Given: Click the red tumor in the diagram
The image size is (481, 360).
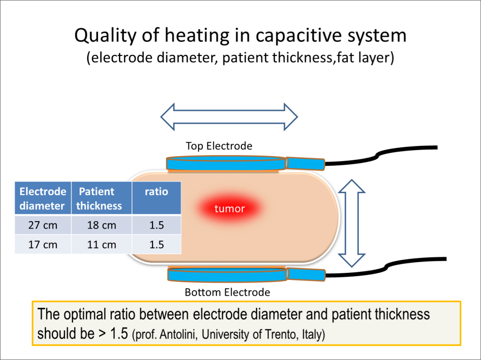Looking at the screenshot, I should (x=229, y=208).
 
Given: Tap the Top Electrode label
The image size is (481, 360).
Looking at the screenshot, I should (x=219, y=146).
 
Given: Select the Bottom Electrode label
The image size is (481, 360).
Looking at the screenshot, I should (x=227, y=292).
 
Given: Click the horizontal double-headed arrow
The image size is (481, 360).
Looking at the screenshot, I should (x=229, y=116).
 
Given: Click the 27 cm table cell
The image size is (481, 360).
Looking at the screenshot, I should (x=43, y=225).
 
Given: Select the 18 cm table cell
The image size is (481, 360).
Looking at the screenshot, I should (x=102, y=225).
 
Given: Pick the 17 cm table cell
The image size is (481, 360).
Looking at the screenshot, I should (x=43, y=245).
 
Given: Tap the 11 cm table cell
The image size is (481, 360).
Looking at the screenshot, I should (x=102, y=245).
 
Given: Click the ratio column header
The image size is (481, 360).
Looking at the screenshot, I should (x=157, y=191).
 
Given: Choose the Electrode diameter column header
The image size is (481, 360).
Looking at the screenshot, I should (x=43, y=198).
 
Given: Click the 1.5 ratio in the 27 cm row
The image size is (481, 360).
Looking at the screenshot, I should (x=157, y=225).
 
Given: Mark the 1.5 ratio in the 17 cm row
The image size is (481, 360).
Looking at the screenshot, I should (x=157, y=245).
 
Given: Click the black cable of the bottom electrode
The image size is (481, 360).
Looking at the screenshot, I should (x=382, y=267).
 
